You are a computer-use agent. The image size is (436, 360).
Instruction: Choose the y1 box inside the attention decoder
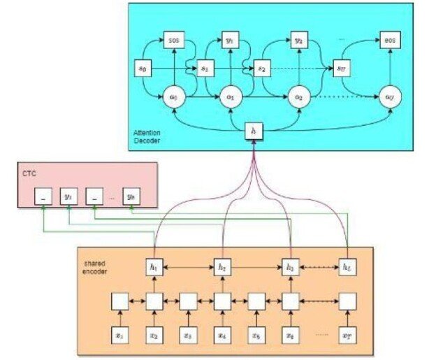pyautogui.click(x=231, y=41)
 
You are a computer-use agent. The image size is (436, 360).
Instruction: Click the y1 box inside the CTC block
pyautogui.click(x=68, y=196)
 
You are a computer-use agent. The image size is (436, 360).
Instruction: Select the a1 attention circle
pyautogui.click(x=231, y=96)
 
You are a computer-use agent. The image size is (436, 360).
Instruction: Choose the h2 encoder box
pyautogui.click(x=221, y=266)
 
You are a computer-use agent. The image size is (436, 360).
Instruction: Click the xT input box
pyautogui.click(x=347, y=335)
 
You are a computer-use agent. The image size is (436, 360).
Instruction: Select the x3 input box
pyautogui.click(x=187, y=335)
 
